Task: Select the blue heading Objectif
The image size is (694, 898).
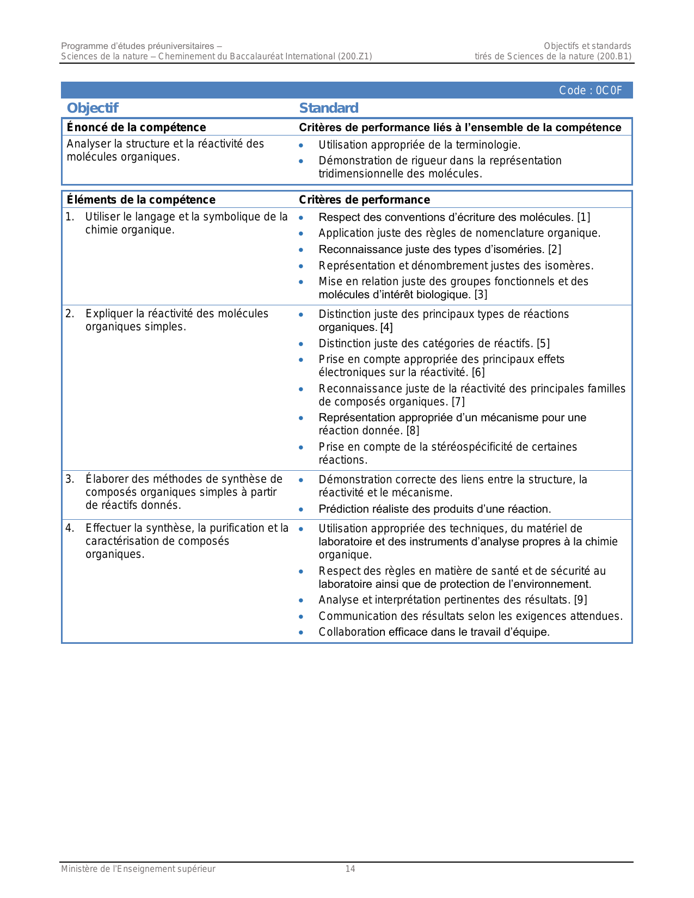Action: [93, 108]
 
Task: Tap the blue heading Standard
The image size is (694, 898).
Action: [329, 108]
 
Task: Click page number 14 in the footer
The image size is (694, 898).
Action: [350, 869]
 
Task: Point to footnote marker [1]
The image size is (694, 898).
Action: [584, 218]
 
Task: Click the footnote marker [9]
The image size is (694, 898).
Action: [580, 600]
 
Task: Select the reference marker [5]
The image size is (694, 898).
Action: [543, 343]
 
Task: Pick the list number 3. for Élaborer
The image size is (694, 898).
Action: [70, 479]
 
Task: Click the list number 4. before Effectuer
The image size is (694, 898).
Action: [70, 528]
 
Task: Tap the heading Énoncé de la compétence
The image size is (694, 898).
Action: [136, 127]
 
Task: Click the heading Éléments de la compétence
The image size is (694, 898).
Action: [141, 200]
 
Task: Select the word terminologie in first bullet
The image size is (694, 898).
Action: [484, 145]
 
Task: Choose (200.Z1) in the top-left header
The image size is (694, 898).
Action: [354, 57]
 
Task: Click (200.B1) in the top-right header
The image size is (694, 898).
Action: [614, 57]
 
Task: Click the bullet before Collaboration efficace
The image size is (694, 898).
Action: [301, 632]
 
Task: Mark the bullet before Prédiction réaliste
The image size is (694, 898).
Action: [301, 509]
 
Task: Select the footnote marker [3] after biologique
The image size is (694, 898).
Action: [481, 295]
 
